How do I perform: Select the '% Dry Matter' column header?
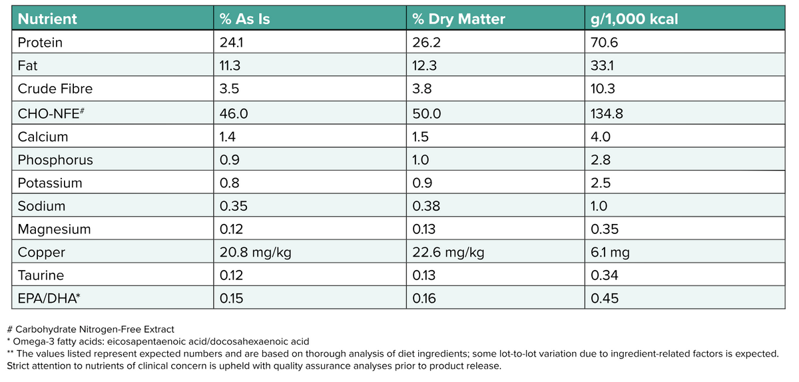click(458, 19)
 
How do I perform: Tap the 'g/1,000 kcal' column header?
click(634, 19)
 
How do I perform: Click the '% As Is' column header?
click(244, 19)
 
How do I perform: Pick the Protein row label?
click(40, 43)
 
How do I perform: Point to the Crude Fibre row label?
click(55, 89)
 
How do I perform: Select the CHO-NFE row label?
click(51, 113)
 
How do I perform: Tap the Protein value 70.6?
click(605, 43)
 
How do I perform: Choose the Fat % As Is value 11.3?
click(230, 66)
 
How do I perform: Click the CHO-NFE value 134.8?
click(607, 113)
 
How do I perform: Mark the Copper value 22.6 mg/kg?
click(448, 253)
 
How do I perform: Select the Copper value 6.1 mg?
click(610, 253)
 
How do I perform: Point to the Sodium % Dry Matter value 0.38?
click(425, 206)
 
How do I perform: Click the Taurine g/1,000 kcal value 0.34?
click(605, 275)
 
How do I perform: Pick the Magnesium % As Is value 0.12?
click(231, 229)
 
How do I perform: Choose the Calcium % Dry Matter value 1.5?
click(421, 137)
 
